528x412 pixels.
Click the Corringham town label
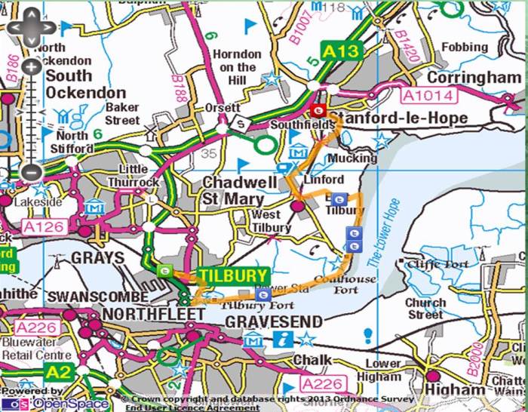[x=473, y=78]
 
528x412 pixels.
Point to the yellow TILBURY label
[x=233, y=275]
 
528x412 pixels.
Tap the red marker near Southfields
[x=318, y=112]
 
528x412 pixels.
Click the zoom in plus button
[x=30, y=67]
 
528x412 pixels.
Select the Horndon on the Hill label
[x=236, y=68]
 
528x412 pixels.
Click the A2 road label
[x=57, y=373]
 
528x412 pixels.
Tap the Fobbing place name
[x=465, y=47]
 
